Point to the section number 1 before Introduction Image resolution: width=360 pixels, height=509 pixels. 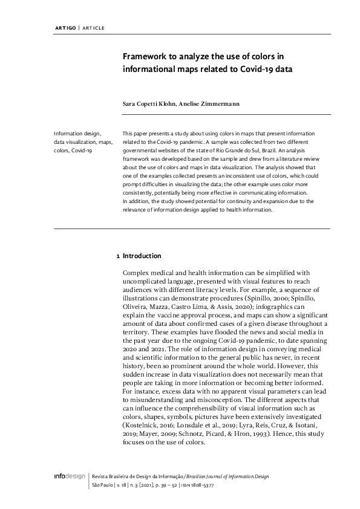[117, 256]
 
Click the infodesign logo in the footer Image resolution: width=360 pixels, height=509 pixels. [67, 478]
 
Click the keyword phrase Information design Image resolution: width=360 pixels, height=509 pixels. [77, 133]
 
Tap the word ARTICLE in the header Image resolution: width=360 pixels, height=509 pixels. [91, 28]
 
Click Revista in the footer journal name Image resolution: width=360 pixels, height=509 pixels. [101, 478]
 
